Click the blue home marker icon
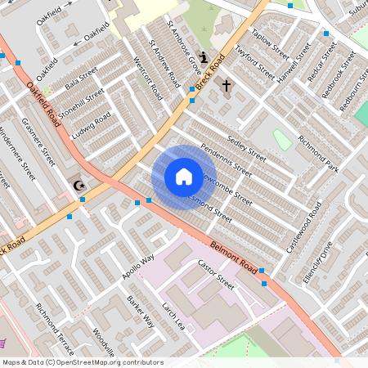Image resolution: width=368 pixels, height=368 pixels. tap(183, 177)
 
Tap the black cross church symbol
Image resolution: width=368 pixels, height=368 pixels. tap(227, 85)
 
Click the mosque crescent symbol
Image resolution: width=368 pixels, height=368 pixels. tap(79, 185)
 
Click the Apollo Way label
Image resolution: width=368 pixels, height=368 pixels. tap(138, 267)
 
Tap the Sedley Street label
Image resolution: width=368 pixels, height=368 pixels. tap(247, 148)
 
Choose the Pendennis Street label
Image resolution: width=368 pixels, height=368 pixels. tap(227, 159)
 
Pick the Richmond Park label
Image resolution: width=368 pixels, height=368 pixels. tap(318, 153)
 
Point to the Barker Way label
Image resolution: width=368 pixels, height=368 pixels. tap(141, 312)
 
